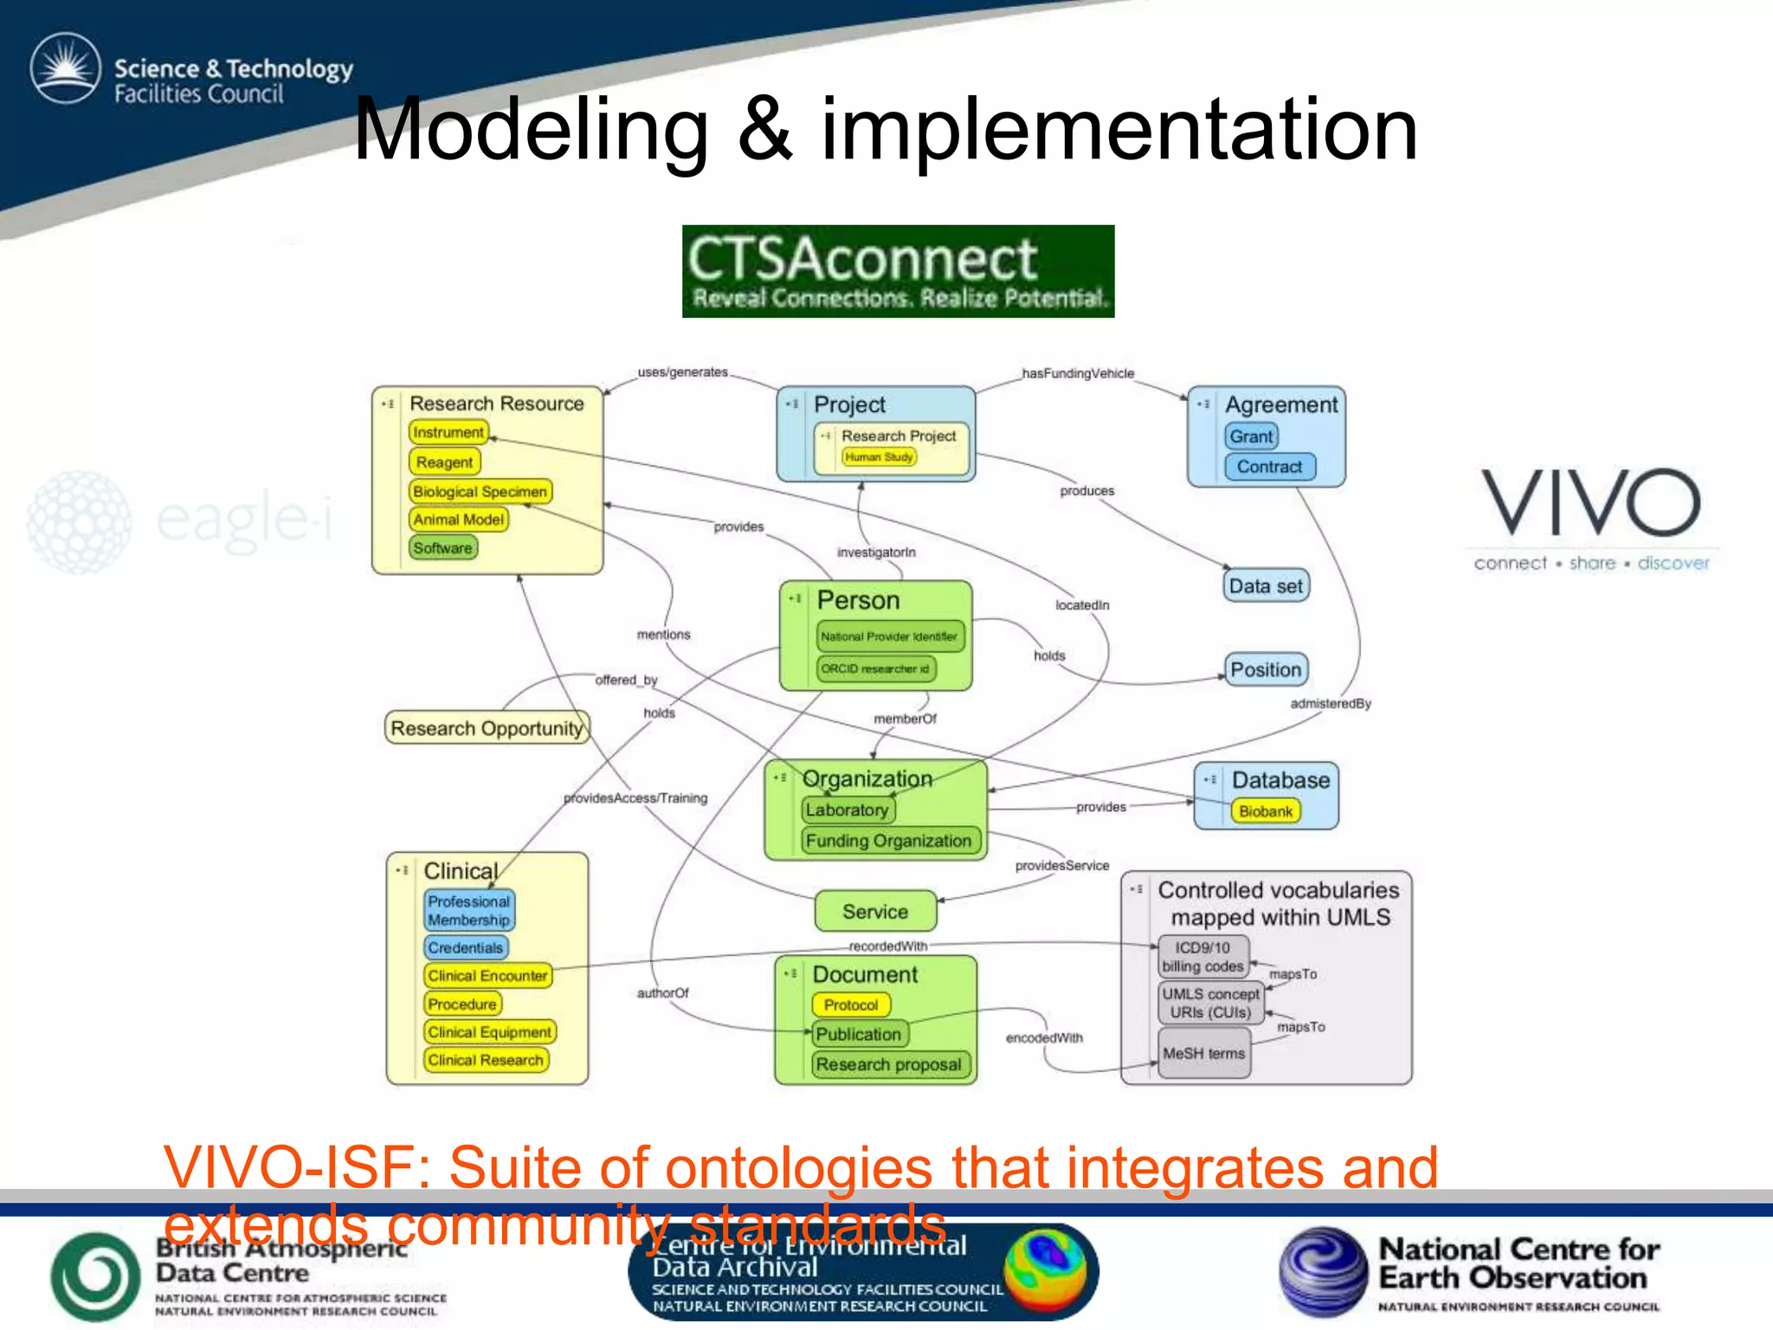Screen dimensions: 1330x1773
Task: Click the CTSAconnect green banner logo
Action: (x=898, y=271)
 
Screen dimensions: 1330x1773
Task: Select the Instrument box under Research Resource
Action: (x=448, y=432)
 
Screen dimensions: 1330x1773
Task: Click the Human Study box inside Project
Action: (x=879, y=457)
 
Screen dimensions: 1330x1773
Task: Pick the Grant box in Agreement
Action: (x=1252, y=436)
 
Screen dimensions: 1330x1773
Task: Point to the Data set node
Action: (x=1266, y=586)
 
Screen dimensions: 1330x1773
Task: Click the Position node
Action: (x=1266, y=669)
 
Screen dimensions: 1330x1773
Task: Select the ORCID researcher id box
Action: (x=875, y=668)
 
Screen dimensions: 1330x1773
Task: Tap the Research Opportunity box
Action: (x=487, y=728)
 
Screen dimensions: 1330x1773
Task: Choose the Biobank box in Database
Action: (x=1265, y=811)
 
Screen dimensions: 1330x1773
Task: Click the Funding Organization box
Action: (x=888, y=841)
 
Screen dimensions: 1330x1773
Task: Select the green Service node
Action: (x=875, y=912)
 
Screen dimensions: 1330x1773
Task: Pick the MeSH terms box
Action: (x=1203, y=1053)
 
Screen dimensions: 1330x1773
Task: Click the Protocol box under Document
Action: (x=851, y=1004)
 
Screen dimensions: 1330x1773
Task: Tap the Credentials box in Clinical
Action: (x=465, y=947)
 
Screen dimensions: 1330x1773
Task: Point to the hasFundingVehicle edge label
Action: (x=1078, y=373)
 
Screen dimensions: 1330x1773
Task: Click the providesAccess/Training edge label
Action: (x=635, y=798)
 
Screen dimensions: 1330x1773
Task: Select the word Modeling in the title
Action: (x=531, y=130)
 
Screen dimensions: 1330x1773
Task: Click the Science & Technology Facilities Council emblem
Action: (x=65, y=68)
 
